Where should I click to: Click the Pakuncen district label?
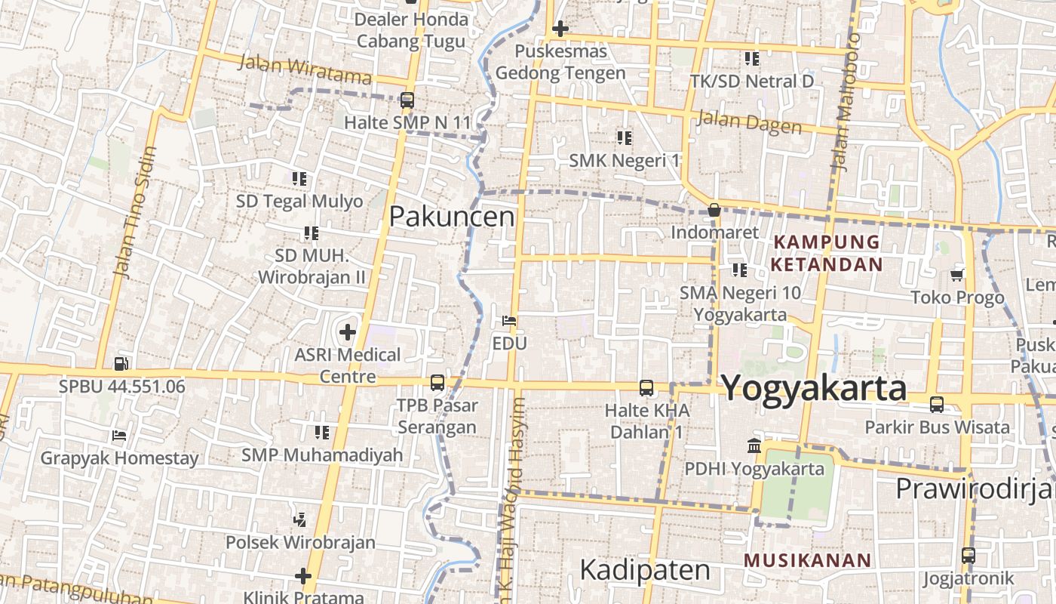coord(451,217)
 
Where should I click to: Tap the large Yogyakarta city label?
coord(814,388)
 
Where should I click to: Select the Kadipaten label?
coord(645,570)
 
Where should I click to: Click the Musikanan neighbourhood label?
coord(807,561)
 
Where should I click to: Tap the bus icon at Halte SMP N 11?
coord(407,100)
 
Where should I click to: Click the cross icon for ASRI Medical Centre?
coord(347,331)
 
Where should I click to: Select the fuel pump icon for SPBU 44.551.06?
coord(121,364)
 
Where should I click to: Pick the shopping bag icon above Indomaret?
coord(714,210)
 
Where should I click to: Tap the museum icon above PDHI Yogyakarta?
coord(754,446)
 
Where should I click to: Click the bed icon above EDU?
coord(509,321)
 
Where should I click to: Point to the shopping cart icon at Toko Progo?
coord(957,275)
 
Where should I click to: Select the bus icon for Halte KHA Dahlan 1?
coord(646,388)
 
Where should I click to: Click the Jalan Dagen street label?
coord(748,122)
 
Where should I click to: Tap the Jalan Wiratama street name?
coord(305,69)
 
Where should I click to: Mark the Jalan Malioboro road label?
coord(846,103)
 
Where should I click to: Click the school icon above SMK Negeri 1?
coord(624,137)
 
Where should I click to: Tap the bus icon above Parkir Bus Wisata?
coord(936,404)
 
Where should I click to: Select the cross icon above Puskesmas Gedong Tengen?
coord(560,29)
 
